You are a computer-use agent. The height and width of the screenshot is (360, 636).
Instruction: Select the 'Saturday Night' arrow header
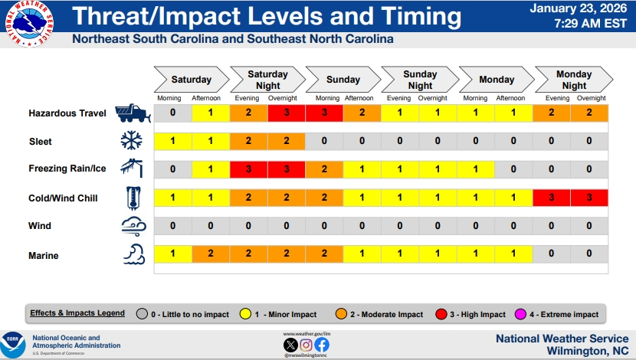tap(267, 80)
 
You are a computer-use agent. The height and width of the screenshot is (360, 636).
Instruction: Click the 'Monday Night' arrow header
tap(573, 80)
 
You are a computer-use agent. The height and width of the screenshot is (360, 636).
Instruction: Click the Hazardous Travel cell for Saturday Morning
tap(173, 113)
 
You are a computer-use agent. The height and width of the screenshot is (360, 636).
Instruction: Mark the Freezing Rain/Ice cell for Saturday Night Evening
tap(248, 169)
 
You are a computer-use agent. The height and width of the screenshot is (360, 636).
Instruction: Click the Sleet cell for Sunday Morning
tap(324, 141)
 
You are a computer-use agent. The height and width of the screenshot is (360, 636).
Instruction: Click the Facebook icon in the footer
tap(321, 344)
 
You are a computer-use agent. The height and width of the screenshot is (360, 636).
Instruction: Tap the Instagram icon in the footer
tap(306, 344)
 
